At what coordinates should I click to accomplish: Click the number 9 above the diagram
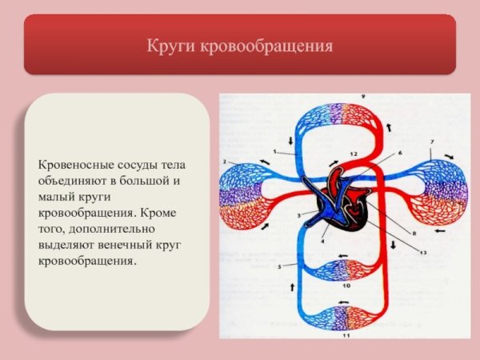(340, 97)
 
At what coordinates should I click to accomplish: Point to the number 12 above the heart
(351, 153)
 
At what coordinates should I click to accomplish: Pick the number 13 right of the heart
(422, 252)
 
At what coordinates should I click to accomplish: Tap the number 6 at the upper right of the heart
(399, 152)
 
